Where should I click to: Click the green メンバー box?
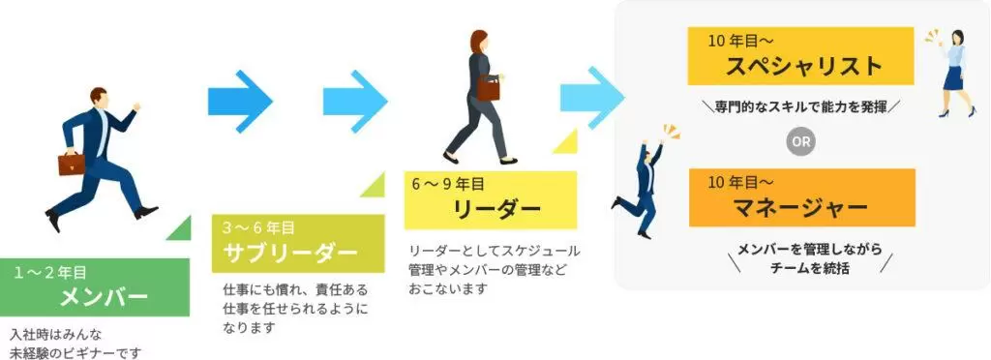[x=95, y=287]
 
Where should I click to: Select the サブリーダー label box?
[x=298, y=244]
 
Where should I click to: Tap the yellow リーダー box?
[x=491, y=199]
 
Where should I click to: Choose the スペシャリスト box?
[x=800, y=55]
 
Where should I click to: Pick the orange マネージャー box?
[x=802, y=197]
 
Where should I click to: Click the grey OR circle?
[x=801, y=142]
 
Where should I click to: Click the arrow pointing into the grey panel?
[x=592, y=99]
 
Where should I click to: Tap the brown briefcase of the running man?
[x=72, y=164]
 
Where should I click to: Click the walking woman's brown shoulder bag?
[x=488, y=87]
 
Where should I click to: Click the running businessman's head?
[x=99, y=97]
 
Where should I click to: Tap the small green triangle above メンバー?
[x=179, y=227]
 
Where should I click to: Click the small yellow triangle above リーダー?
[x=565, y=141]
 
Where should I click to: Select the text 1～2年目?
[x=50, y=273]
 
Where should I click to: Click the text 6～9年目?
[x=448, y=185]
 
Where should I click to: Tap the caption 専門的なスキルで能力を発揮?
[x=800, y=105]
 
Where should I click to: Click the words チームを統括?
[x=810, y=268]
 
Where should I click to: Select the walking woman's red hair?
[x=478, y=41]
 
